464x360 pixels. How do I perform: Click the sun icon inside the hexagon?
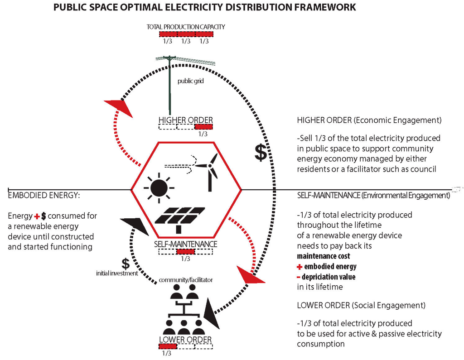coord(158,187)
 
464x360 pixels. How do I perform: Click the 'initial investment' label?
coord(117,273)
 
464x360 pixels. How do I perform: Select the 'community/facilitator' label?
coord(186,280)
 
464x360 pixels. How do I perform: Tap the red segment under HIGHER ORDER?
coord(203,127)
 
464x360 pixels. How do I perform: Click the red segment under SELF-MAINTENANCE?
coord(185,252)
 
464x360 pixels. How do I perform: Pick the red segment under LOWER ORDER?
coord(168,346)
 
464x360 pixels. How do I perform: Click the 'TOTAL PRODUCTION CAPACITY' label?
coord(186,27)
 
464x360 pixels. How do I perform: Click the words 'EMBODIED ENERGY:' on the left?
coord(38,195)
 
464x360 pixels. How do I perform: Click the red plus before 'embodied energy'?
coord(300,267)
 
